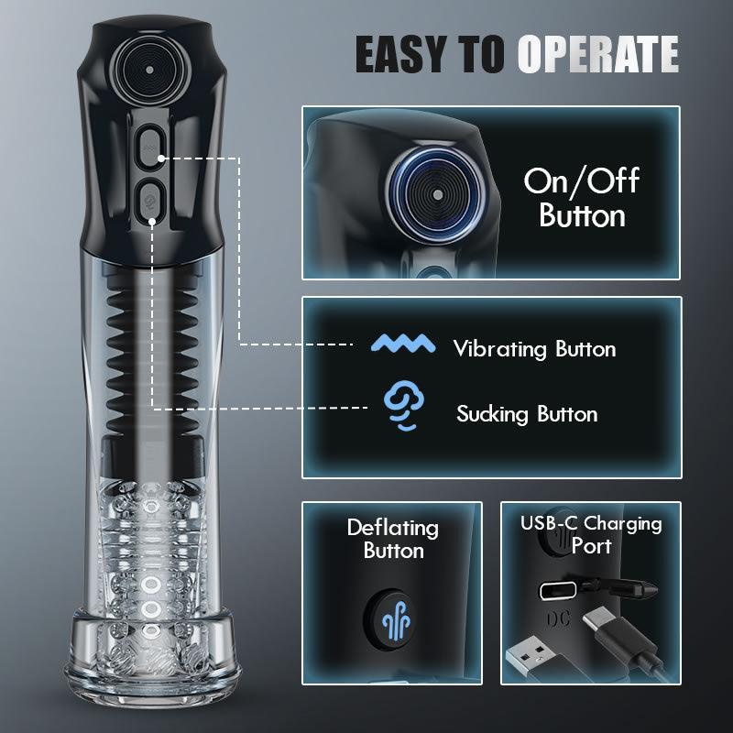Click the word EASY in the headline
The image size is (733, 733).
point(401,54)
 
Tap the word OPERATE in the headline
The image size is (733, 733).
point(597,54)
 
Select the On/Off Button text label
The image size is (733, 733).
point(581,197)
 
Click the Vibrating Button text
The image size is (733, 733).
point(534,349)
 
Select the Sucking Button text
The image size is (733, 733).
point(527,414)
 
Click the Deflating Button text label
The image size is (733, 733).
point(392,539)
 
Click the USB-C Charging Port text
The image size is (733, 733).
point(591,535)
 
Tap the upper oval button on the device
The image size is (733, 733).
point(150,145)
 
